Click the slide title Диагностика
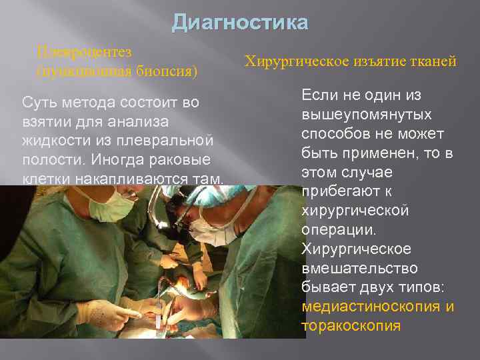[x=240, y=23]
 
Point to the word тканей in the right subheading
[x=433, y=62]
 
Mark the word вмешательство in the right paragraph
[x=359, y=269]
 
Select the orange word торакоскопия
[x=351, y=327]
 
